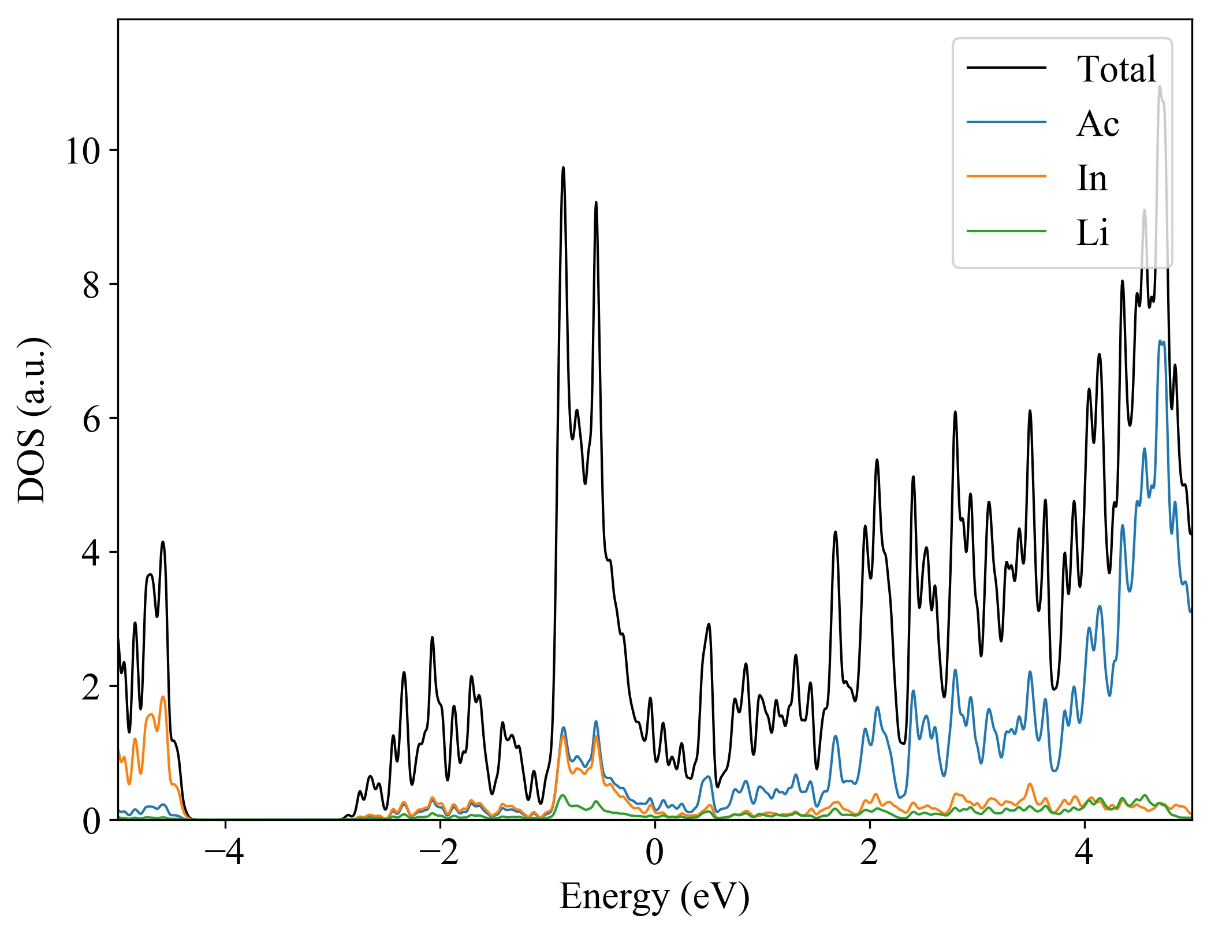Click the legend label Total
(1116, 69)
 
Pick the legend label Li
(1092, 233)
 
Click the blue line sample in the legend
(1006, 122)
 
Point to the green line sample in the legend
(1006, 231)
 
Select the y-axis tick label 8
(91, 285)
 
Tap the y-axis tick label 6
(91, 419)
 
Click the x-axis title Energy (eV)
(654, 897)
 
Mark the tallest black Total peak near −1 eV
(563, 168)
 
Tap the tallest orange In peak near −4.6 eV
(163, 697)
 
